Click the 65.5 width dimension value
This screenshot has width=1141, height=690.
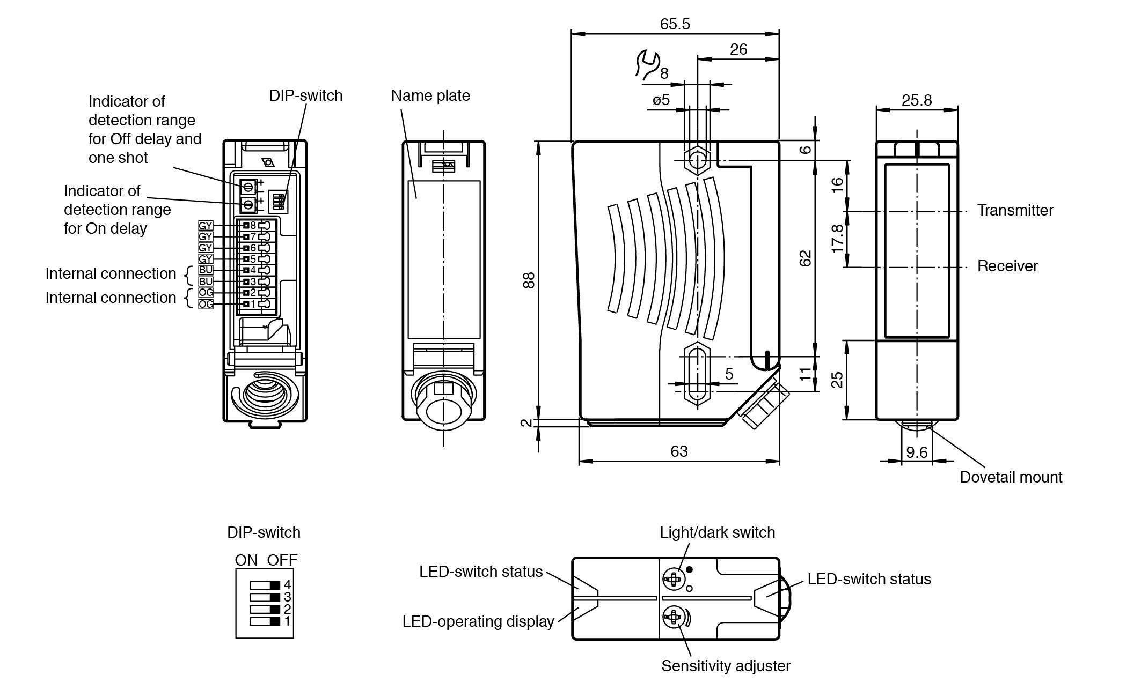tap(675, 24)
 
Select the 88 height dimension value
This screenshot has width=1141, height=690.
tap(529, 280)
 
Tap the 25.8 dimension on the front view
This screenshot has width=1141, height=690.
tap(917, 100)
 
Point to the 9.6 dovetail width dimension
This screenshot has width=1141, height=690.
tap(917, 452)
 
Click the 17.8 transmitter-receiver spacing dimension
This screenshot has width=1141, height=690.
tap(837, 239)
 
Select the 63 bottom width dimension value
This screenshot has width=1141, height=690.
tap(679, 451)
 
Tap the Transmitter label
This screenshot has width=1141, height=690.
tap(1015, 210)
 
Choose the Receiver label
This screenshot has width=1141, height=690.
tap(1007, 266)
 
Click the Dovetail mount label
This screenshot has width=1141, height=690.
tap(1011, 477)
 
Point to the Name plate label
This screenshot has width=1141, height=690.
tap(430, 95)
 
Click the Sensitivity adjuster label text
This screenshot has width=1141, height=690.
tap(726, 666)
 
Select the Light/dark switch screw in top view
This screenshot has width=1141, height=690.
tap(672, 578)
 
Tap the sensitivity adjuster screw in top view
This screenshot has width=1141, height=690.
tap(672, 618)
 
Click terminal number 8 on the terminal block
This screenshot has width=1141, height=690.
tap(253, 225)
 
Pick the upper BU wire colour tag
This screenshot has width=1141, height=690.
tap(206, 270)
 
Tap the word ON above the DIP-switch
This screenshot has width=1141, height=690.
tap(246, 560)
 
